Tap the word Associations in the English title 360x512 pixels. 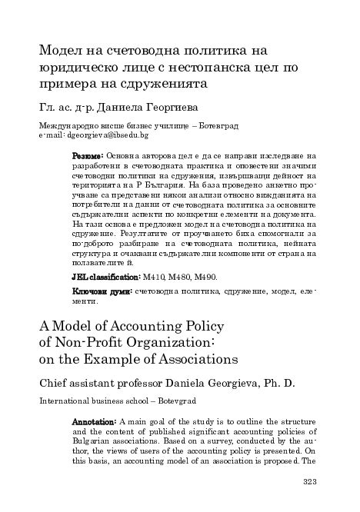coord(186,358)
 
